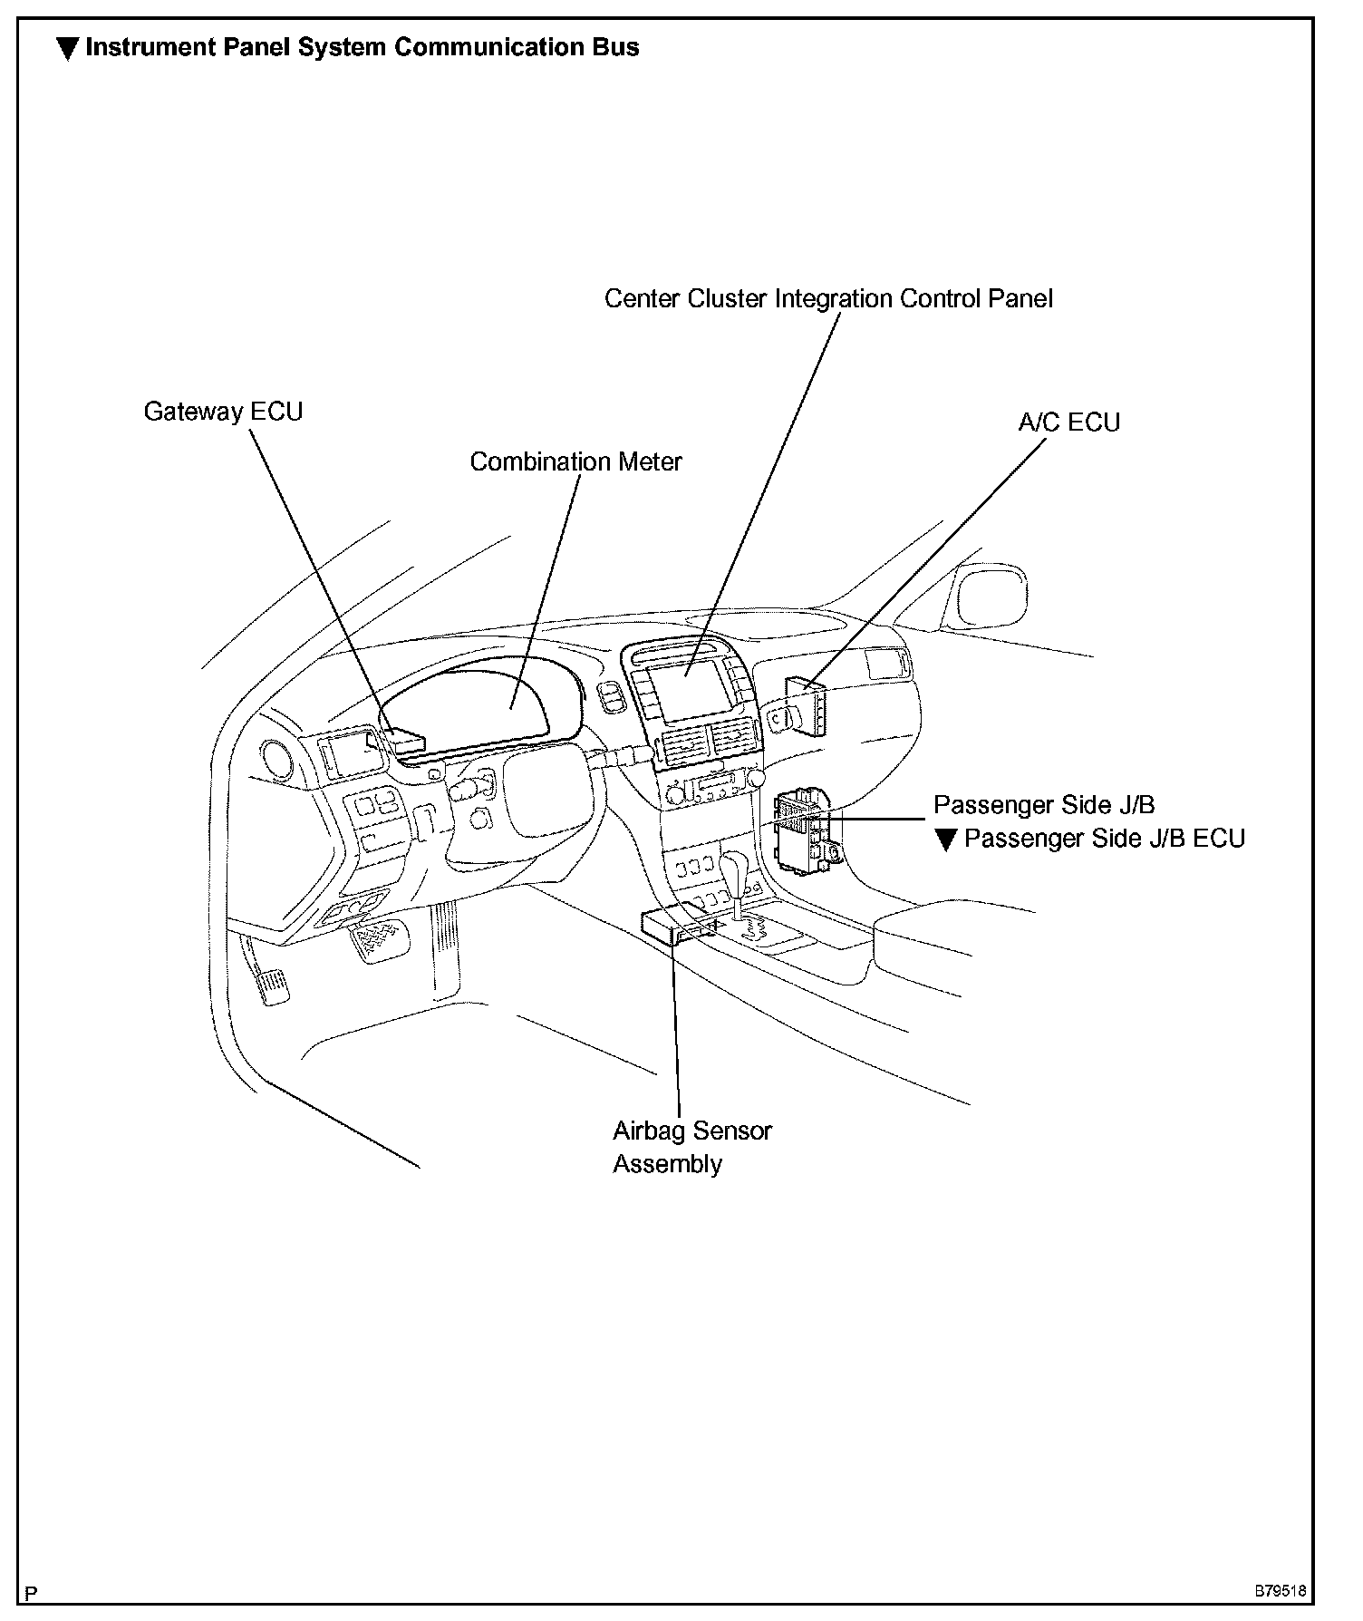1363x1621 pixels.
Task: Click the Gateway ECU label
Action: pyautogui.click(x=223, y=412)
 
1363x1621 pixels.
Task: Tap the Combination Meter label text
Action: pyautogui.click(x=575, y=461)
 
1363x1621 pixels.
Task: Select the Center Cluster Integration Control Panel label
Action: pyautogui.click(x=828, y=298)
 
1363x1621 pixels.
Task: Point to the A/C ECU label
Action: pyautogui.click(x=1068, y=422)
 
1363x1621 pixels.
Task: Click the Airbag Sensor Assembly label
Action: pyautogui.click(x=691, y=1147)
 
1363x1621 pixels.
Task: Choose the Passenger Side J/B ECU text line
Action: pyautogui.click(x=1104, y=839)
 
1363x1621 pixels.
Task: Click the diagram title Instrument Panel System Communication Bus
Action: pyautogui.click(x=362, y=47)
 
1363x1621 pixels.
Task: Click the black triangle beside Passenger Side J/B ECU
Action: pyautogui.click(x=945, y=840)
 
